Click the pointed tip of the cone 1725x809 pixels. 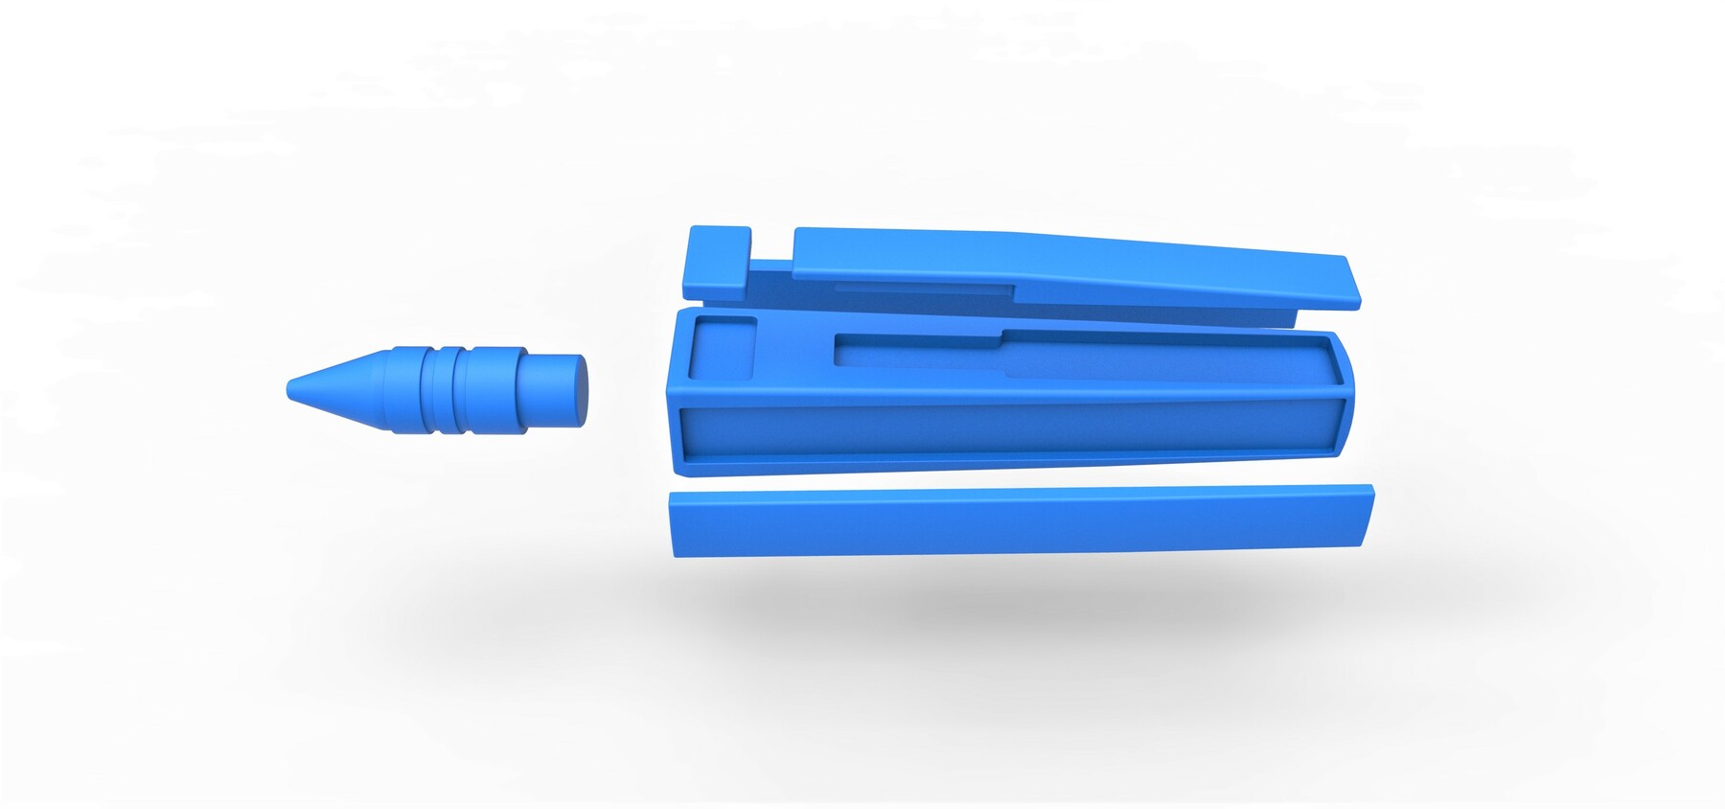click(290, 389)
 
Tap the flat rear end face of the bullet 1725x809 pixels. click(581, 390)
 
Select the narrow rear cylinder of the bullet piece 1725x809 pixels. click(546, 390)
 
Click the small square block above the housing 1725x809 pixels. click(717, 261)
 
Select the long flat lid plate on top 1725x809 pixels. click(1054, 268)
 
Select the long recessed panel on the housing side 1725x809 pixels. click(1006, 429)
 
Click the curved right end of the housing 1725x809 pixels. click(1347, 383)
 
